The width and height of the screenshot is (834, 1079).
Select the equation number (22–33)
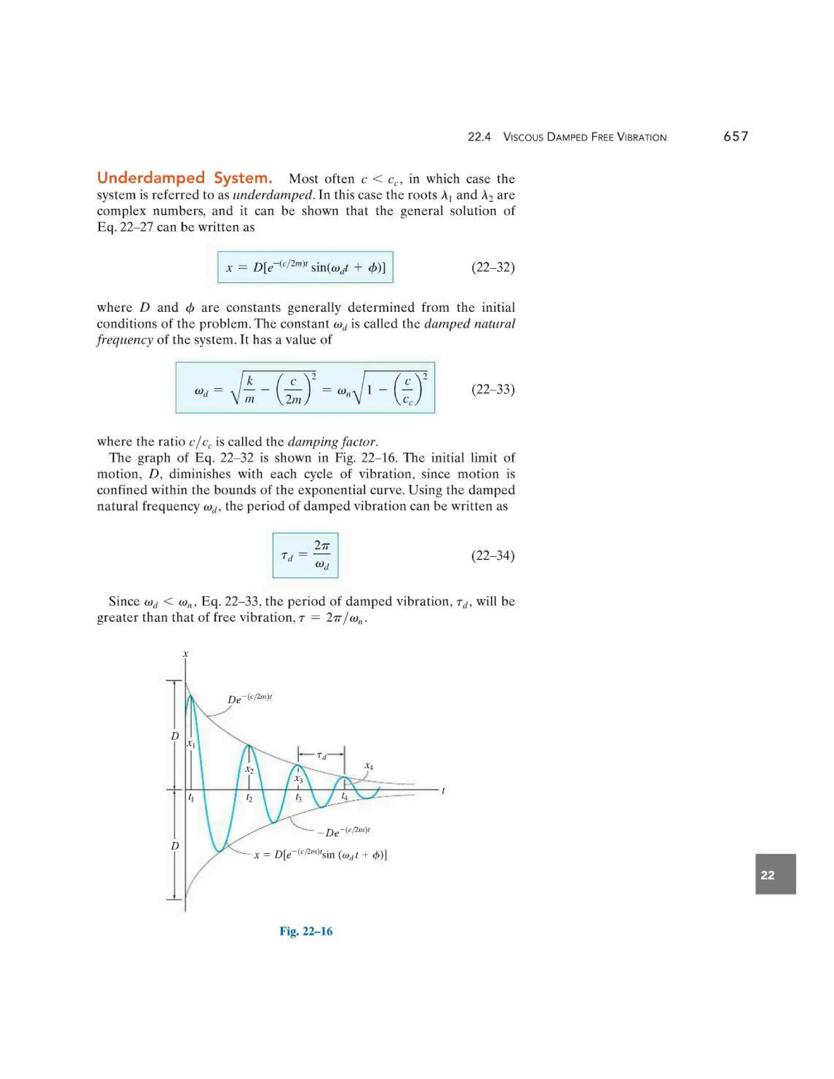(493, 389)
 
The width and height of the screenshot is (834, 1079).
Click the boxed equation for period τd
(305, 555)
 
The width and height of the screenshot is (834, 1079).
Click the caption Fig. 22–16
(306, 931)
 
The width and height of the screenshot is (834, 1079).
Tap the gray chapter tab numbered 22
(775, 875)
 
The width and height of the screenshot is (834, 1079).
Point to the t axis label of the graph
(443, 790)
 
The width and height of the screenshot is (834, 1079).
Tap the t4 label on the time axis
(345, 797)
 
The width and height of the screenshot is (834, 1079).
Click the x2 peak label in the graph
(250, 770)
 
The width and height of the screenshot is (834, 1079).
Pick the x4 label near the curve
(369, 766)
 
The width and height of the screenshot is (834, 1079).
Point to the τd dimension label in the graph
(322, 756)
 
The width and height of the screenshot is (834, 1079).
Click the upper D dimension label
(174, 736)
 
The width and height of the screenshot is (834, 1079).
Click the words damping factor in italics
(332, 441)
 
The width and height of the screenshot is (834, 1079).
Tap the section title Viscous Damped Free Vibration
(584, 137)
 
